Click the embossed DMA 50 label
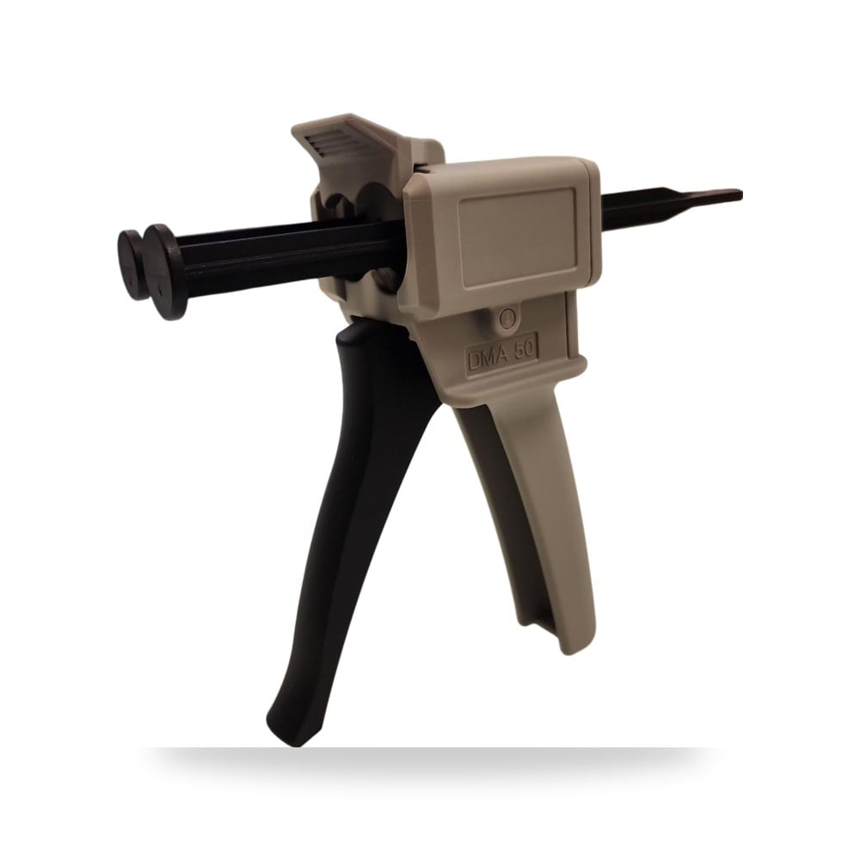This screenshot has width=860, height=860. point(502,355)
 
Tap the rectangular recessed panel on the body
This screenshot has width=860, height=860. point(517,237)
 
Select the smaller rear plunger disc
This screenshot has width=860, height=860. point(131,264)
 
